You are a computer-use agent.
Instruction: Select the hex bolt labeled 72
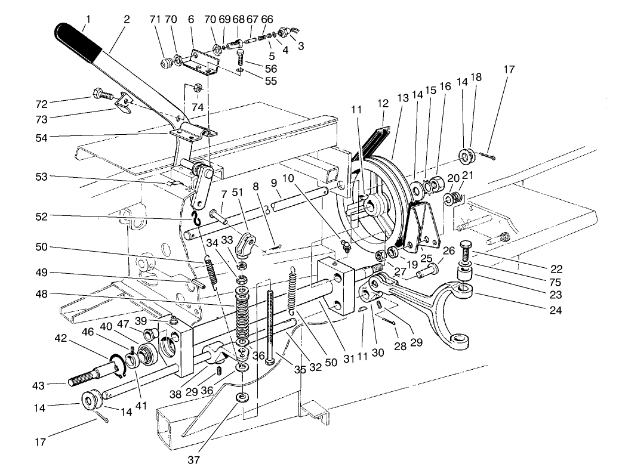[101, 94]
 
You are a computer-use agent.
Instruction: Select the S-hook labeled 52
[194, 218]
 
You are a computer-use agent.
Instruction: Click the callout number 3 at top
[300, 46]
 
